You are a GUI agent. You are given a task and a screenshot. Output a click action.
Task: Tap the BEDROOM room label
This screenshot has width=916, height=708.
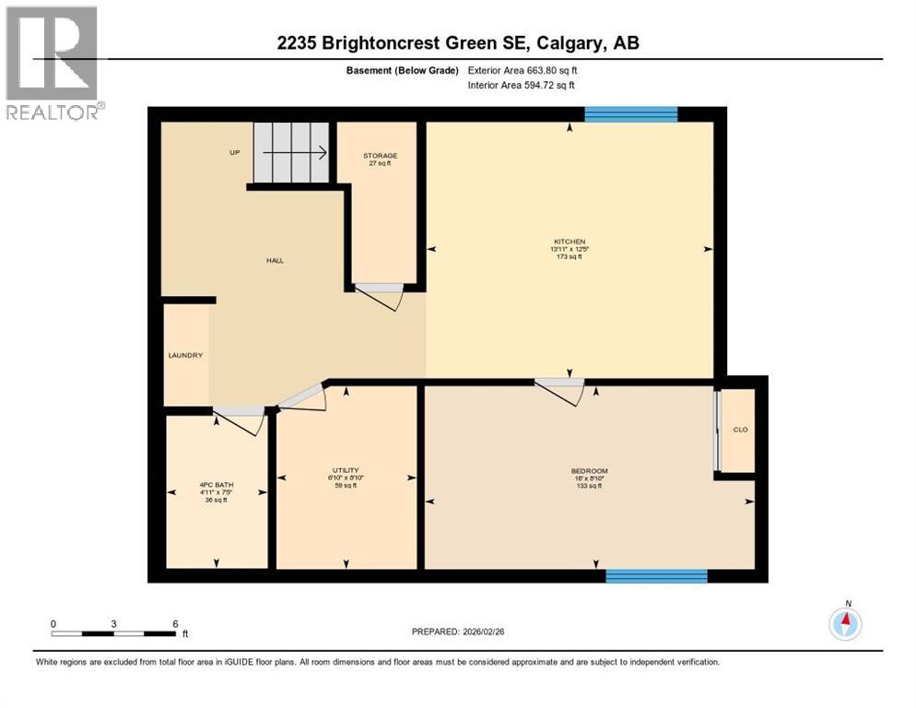(589, 471)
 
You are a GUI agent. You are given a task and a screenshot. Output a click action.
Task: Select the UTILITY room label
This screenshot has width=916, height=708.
(345, 470)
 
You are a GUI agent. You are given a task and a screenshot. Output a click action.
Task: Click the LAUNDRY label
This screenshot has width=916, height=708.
(184, 355)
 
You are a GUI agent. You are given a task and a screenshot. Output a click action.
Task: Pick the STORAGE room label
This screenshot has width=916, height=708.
(380, 156)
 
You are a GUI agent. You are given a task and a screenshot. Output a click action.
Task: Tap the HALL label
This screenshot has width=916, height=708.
(275, 261)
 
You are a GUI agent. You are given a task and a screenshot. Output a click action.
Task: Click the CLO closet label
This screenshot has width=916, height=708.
(739, 430)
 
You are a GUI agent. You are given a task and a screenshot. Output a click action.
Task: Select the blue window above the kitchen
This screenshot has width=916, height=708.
(631, 114)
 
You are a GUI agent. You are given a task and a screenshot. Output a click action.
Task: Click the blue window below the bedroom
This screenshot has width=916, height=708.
(656, 576)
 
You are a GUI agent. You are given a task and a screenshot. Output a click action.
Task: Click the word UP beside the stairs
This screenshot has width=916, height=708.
(235, 152)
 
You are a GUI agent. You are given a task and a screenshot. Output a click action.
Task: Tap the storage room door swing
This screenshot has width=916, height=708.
(380, 296)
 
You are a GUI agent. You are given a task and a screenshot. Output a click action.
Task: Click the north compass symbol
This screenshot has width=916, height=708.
(844, 623)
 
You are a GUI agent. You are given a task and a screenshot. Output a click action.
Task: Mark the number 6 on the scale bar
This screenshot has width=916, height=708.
(175, 623)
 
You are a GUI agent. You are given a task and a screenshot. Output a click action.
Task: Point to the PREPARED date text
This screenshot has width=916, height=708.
(470, 631)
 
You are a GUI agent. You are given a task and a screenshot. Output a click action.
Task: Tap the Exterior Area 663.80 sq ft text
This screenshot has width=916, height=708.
(523, 70)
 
